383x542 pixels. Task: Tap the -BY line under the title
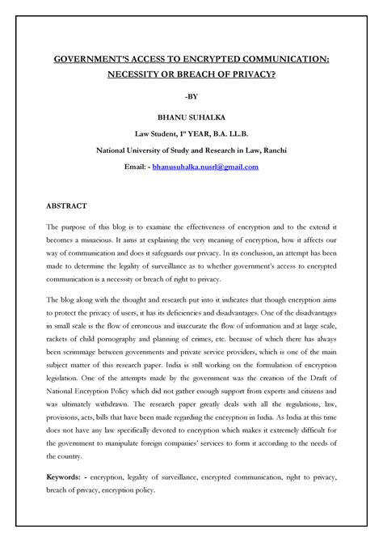coord(191,100)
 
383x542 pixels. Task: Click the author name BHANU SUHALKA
coord(191,118)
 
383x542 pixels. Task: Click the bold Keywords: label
coord(69,478)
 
